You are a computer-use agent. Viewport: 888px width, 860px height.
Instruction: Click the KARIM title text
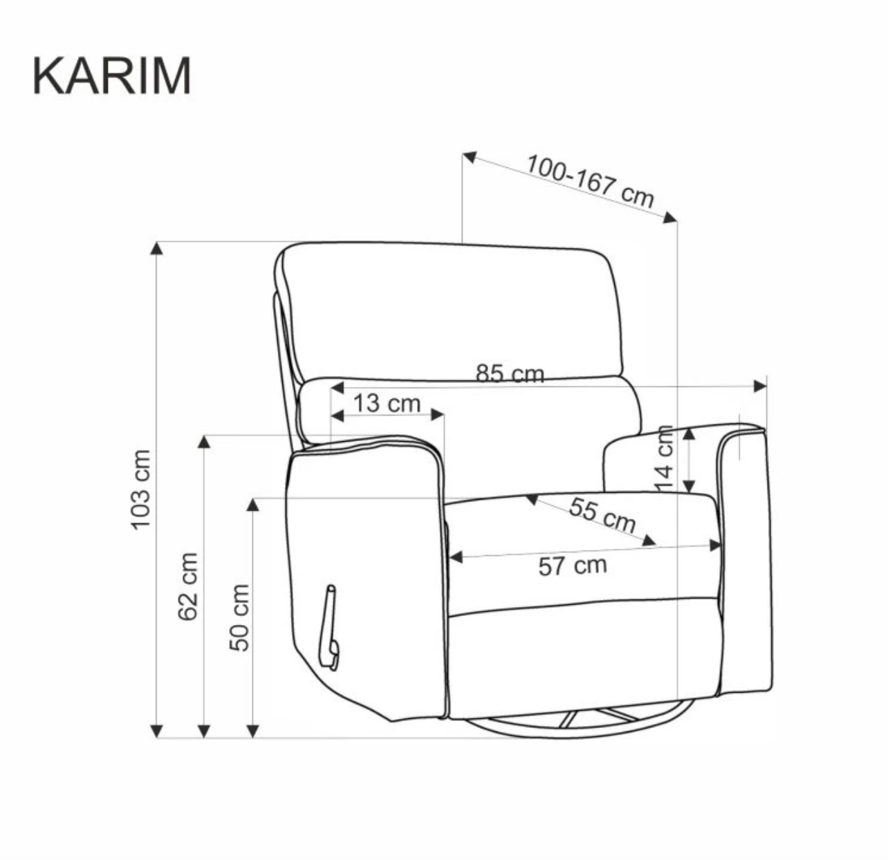coord(112,76)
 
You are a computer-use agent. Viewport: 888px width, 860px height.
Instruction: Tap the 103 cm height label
coord(141,489)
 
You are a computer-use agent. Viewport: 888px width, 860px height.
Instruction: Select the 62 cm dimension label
coord(187,586)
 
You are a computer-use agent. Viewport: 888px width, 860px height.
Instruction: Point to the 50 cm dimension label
coord(239,617)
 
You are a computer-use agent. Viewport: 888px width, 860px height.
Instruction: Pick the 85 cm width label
coord(510,373)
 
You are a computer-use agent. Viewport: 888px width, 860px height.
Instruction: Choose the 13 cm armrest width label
coord(387,403)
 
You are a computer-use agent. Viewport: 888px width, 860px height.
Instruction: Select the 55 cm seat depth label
coord(602,515)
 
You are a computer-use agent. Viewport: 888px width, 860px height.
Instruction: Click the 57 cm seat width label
coord(573,565)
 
